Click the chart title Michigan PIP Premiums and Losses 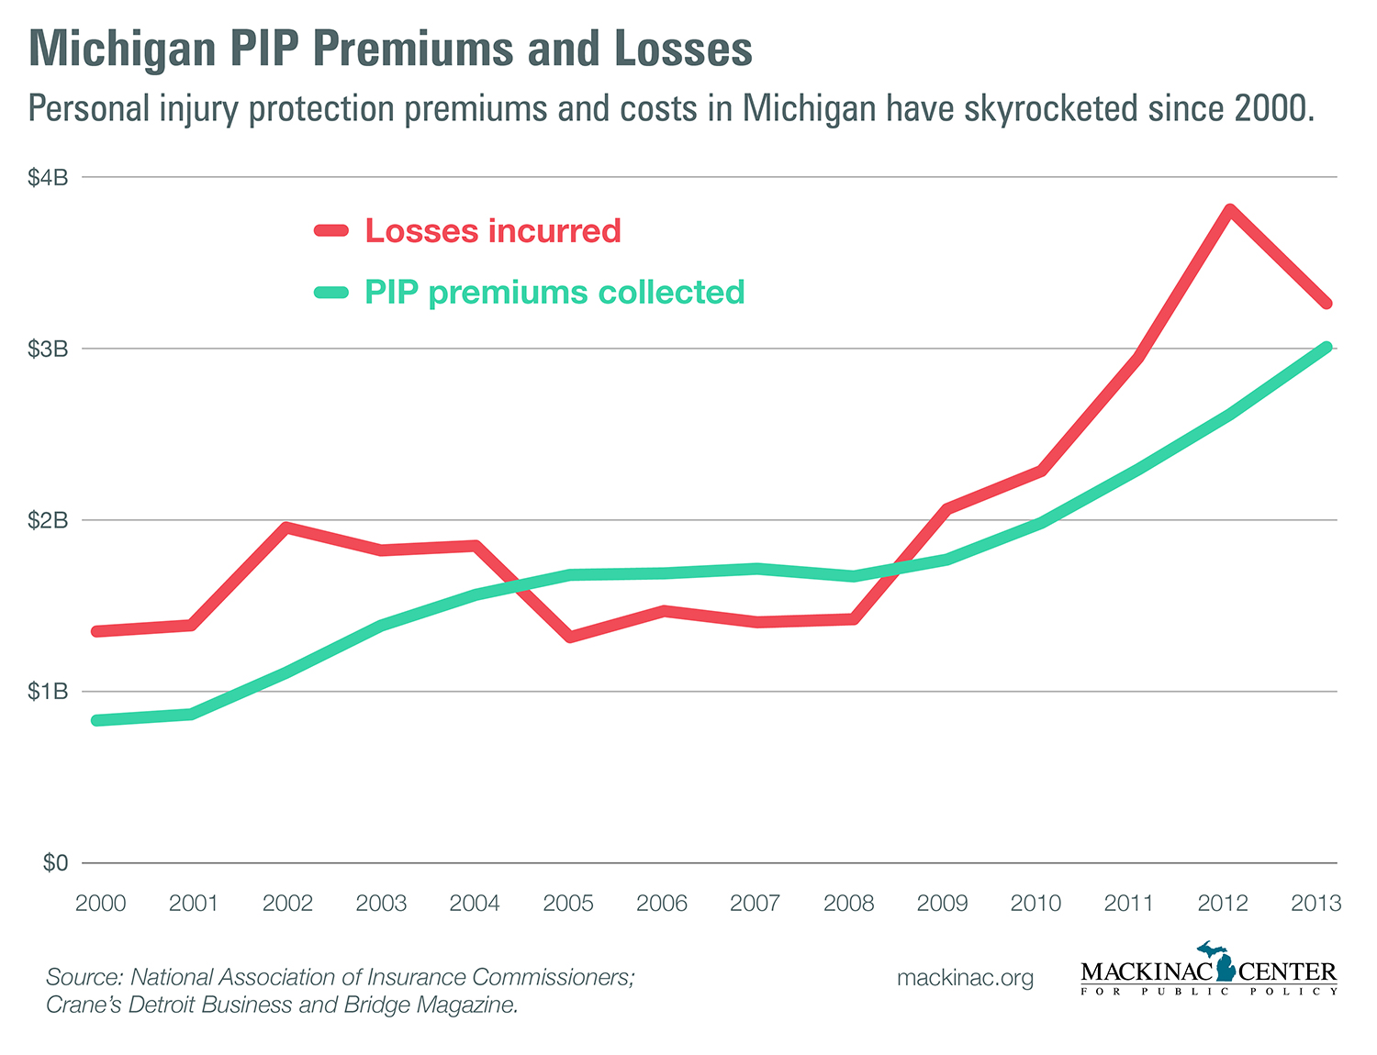(x=390, y=49)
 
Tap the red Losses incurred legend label (x=493, y=230)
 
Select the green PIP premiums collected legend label (x=554, y=292)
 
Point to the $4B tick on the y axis (x=48, y=177)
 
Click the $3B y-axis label (x=48, y=349)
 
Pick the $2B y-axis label (x=48, y=520)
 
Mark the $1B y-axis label (x=48, y=691)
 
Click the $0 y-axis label (x=55, y=862)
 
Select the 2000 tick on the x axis (x=100, y=904)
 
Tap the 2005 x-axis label (x=568, y=904)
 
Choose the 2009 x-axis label (x=942, y=904)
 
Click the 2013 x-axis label (x=1316, y=904)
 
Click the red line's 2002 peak (x=287, y=527)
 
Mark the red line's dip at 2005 (x=570, y=637)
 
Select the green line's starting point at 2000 (x=97, y=720)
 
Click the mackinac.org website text (x=965, y=978)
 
